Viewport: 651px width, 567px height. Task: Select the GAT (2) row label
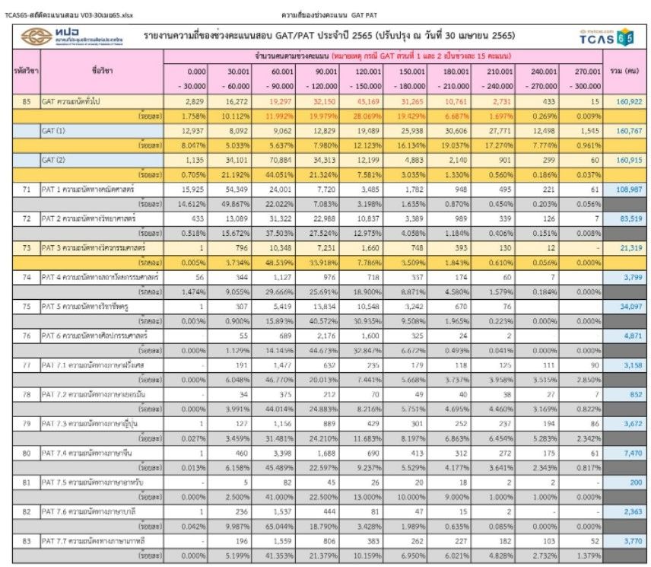click(x=55, y=159)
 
